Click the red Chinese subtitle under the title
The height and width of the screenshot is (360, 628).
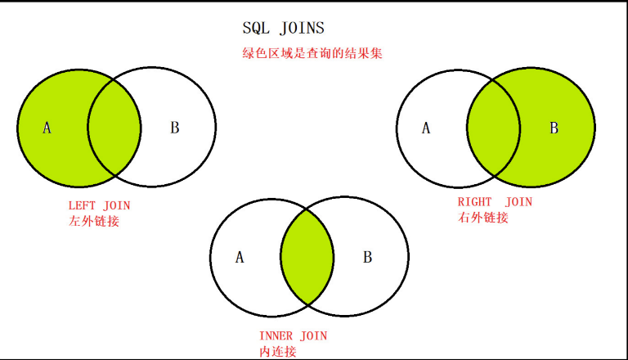pyautogui.click(x=313, y=54)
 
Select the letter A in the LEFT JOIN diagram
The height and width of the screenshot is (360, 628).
pyautogui.click(x=47, y=128)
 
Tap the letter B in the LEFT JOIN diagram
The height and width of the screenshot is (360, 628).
pyautogui.click(x=174, y=128)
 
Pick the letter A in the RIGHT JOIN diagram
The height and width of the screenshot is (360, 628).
pyautogui.click(x=425, y=128)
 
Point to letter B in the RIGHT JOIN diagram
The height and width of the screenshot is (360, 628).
pyautogui.click(x=554, y=128)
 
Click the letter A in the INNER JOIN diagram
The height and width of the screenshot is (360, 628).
pyautogui.click(x=240, y=258)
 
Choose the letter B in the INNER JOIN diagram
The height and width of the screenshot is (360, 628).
pyautogui.click(x=367, y=258)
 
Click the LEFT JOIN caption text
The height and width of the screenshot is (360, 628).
pyautogui.click(x=100, y=205)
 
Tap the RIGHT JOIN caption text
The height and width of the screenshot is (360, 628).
pyautogui.click(x=495, y=201)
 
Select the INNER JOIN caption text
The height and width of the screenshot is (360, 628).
pyautogui.click(x=293, y=335)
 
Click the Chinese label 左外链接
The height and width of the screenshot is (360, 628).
pyautogui.click(x=94, y=221)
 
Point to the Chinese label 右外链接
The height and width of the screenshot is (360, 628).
pyautogui.click(x=483, y=218)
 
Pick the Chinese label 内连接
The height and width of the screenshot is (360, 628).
pyautogui.click(x=277, y=351)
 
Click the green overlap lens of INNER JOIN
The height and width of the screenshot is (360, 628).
pyautogui.click(x=307, y=258)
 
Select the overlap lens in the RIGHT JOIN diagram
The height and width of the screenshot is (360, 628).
pyautogui.click(x=494, y=128)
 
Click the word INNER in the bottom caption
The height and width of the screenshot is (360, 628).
pyautogui.click(x=276, y=335)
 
